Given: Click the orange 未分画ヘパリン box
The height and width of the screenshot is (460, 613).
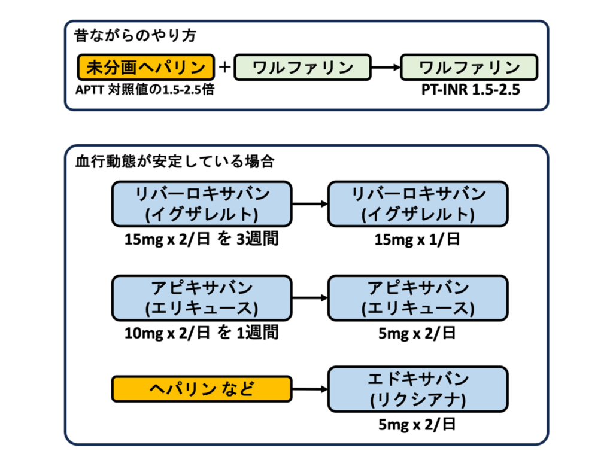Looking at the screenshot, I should click(145, 68).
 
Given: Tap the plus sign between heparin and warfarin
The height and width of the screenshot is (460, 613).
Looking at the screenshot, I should click(224, 67).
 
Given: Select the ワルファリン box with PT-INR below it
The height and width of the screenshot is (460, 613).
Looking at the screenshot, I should click(469, 68).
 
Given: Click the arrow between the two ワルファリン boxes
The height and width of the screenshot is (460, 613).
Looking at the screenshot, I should click(386, 68).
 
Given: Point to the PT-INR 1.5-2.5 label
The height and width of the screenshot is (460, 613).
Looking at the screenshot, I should click(469, 91).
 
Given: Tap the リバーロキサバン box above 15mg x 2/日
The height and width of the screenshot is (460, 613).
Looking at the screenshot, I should click(202, 203).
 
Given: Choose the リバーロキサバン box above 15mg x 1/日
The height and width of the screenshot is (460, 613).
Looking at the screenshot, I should click(418, 203).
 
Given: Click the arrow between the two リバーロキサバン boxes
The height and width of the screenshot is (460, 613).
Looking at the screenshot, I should click(309, 204).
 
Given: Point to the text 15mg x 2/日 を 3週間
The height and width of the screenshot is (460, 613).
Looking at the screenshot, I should click(202, 239).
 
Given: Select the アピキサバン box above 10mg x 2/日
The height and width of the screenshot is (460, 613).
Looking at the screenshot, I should click(202, 297).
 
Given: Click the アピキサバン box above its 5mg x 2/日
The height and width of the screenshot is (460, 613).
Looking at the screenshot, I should click(418, 297).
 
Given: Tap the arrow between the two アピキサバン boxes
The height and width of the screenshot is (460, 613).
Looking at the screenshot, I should click(309, 297).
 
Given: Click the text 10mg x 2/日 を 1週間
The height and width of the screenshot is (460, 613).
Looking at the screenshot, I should click(202, 333).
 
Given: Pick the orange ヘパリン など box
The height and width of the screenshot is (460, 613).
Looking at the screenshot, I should click(202, 389).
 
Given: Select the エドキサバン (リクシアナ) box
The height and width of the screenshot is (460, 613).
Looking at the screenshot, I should click(418, 389).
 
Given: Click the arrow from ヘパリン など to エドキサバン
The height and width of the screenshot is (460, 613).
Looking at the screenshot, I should click(309, 389).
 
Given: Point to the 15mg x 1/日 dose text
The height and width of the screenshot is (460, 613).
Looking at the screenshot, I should click(418, 239).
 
